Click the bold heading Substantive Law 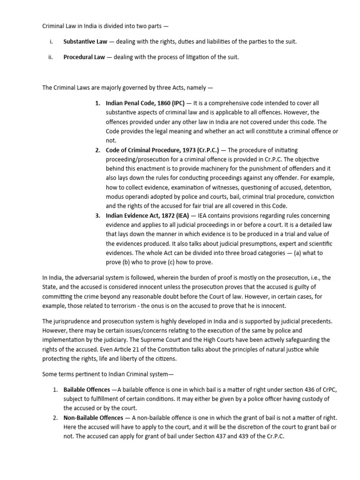coord(85,42)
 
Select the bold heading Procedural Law coord(83,57)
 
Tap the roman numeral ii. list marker coord(52,57)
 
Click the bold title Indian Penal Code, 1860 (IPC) coord(145,103)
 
